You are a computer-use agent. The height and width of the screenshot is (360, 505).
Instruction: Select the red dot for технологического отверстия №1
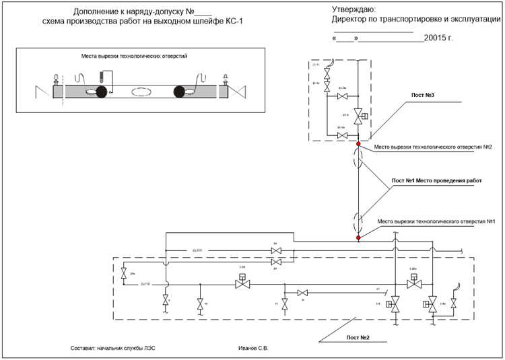(359, 238)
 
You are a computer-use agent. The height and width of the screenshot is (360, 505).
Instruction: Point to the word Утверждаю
(354, 9)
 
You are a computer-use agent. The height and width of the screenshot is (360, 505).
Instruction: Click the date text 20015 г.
(438, 38)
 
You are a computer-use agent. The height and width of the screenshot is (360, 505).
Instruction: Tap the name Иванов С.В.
(253, 349)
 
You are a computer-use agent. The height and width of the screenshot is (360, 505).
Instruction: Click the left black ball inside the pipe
(102, 92)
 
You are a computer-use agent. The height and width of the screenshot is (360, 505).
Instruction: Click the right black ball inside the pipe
(180, 92)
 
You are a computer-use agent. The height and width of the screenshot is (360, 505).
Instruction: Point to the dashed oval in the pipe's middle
(141, 92)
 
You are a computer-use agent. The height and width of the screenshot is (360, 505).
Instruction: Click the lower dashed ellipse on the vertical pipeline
(359, 221)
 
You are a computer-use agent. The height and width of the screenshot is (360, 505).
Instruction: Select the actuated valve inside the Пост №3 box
(359, 116)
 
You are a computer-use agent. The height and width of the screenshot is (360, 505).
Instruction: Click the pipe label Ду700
(145, 285)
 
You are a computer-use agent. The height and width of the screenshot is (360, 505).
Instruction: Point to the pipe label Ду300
(197, 250)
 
